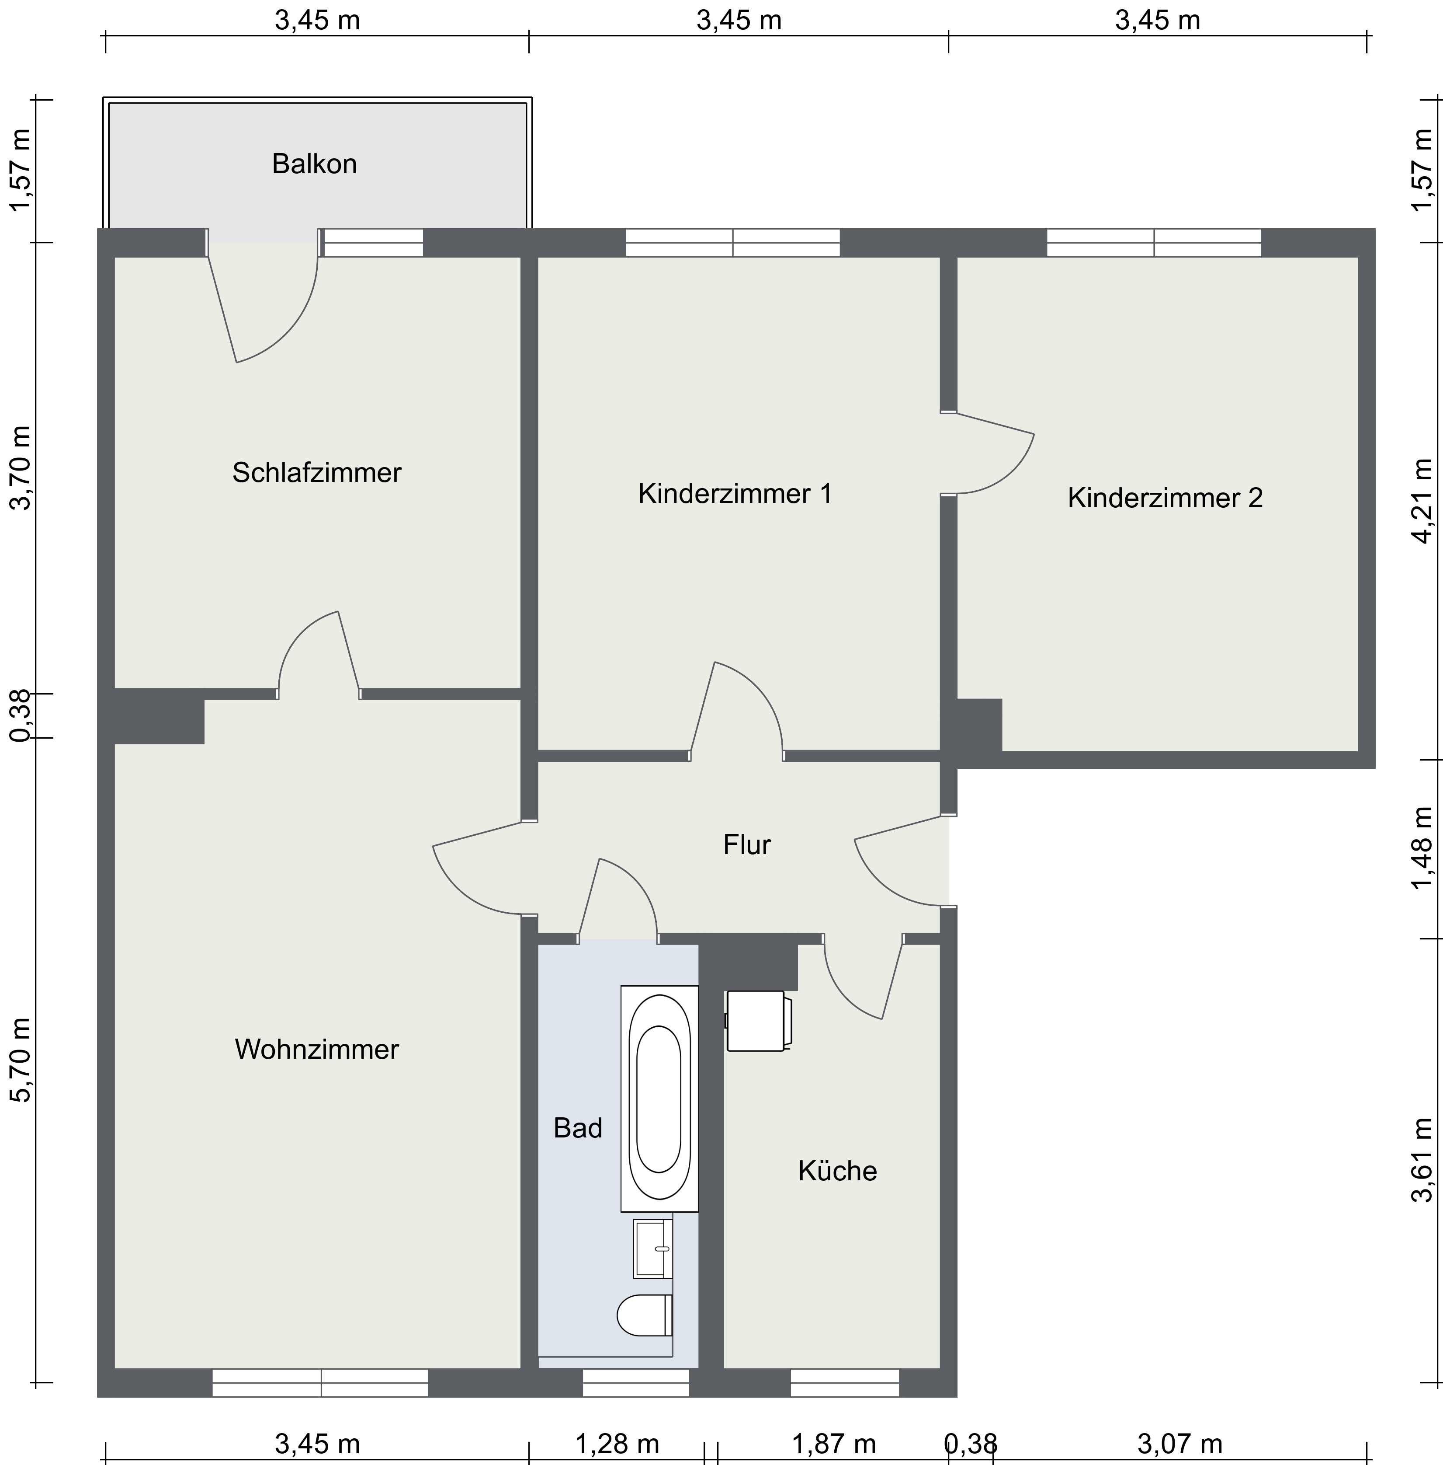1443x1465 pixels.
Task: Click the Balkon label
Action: pos(314,164)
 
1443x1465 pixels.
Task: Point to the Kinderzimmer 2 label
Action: pos(1165,498)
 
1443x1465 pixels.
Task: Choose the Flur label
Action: pos(746,845)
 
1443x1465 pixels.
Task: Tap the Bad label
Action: pos(577,1128)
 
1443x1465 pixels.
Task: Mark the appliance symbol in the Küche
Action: pos(758,1021)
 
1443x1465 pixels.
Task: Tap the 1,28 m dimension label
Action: pos(617,1444)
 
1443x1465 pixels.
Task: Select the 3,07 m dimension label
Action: pos(1180,1444)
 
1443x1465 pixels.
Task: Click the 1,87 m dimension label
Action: pos(834,1444)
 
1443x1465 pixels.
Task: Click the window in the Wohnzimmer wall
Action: pos(320,1383)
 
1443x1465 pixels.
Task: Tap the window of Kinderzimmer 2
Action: pos(1154,243)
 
